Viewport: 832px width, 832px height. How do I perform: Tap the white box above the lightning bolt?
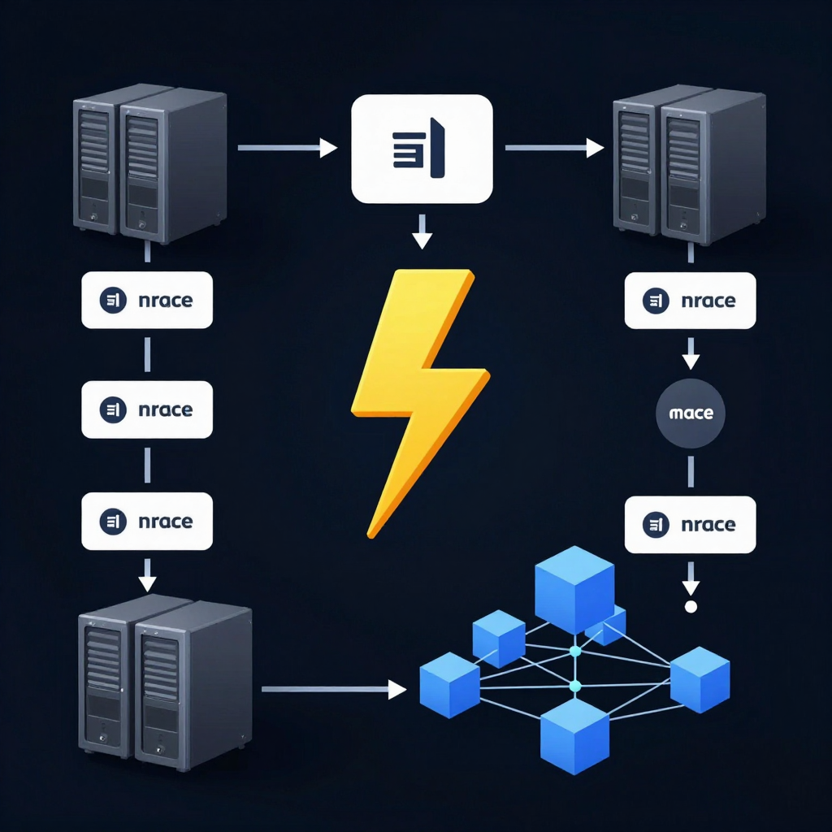click(x=422, y=149)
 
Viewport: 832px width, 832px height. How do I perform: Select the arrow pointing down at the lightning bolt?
click(x=422, y=232)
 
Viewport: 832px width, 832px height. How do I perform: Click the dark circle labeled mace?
click(x=691, y=414)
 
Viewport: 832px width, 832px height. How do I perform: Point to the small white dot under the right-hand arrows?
click(x=691, y=606)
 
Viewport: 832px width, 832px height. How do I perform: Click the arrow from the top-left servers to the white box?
click(x=288, y=148)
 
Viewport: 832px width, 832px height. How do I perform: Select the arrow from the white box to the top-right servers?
click(x=554, y=148)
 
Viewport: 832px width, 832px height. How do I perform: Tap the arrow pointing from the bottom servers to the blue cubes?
click(x=334, y=689)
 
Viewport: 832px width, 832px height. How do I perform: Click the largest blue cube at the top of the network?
click(x=574, y=589)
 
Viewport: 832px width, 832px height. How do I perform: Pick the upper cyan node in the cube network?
click(x=575, y=651)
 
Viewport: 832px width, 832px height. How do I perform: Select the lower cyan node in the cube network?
click(x=575, y=687)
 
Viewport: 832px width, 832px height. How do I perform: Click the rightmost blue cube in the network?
click(x=700, y=680)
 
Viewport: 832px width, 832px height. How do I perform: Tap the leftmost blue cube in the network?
click(x=449, y=685)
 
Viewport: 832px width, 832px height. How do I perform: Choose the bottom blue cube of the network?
click(x=574, y=736)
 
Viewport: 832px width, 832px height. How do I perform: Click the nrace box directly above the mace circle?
click(x=691, y=301)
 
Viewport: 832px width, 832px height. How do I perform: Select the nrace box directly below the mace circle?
click(x=691, y=525)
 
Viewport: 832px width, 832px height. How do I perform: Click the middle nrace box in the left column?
click(x=147, y=409)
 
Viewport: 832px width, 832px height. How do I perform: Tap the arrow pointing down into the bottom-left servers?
click(x=147, y=575)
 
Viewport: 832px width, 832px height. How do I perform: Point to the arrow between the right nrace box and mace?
click(x=691, y=353)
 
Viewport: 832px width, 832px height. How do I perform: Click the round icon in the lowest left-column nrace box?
click(x=113, y=521)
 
